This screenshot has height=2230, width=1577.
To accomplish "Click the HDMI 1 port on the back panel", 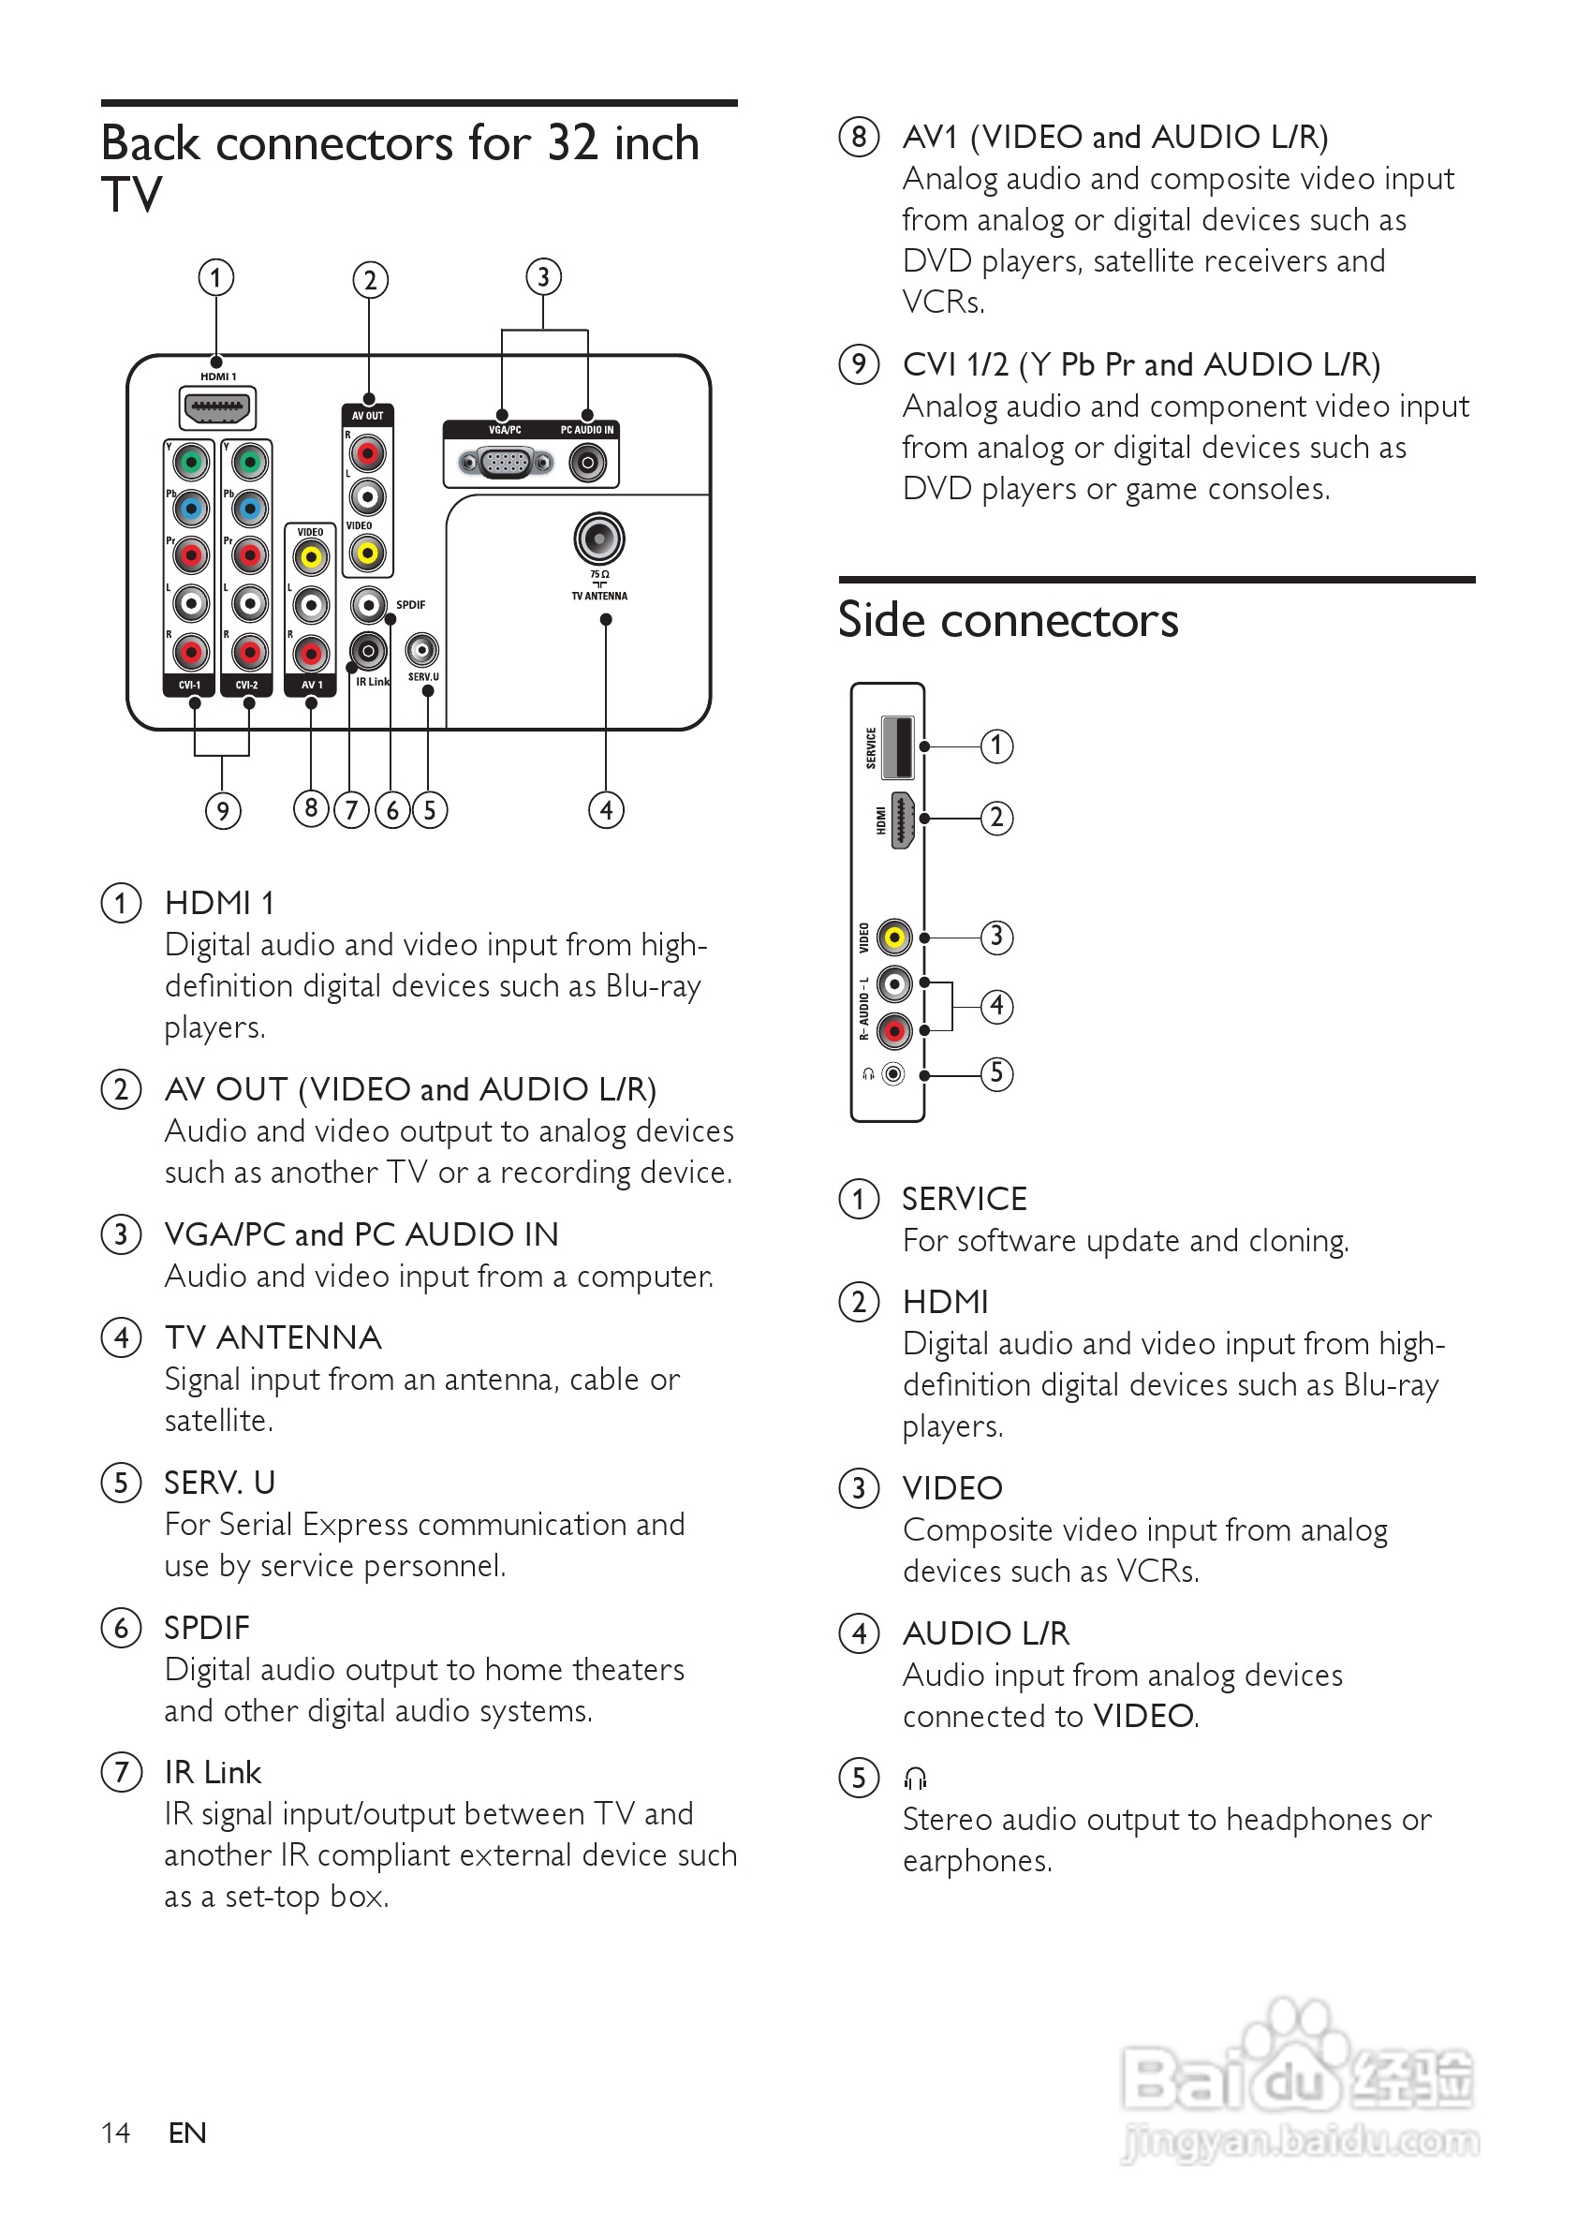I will tap(217, 408).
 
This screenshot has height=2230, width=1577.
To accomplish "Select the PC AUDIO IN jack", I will tap(587, 463).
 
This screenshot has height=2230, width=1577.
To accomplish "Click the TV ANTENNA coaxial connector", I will tap(599, 539).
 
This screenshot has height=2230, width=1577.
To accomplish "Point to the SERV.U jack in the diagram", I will tap(421, 649).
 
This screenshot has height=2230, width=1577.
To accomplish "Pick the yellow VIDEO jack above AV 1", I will tap(311, 557).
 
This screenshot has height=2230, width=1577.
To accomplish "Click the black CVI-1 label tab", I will tap(189, 685).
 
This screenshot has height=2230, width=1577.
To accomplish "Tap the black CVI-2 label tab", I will tap(247, 685).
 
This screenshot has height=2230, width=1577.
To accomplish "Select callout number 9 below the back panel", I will tap(222, 810).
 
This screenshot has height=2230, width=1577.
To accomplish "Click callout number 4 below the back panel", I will tap(606, 809).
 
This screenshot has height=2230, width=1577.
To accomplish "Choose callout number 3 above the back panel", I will tap(544, 277).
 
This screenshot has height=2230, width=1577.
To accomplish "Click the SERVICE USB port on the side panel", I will tap(900, 746).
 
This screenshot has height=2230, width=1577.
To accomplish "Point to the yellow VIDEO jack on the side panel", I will tap(894, 938).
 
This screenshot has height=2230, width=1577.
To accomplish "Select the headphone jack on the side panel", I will tap(893, 1074).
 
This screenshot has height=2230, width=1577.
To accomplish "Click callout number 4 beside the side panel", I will tap(996, 1005).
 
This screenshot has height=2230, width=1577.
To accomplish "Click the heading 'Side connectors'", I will tap(1008, 620).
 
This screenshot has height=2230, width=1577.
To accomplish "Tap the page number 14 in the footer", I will tap(115, 2132).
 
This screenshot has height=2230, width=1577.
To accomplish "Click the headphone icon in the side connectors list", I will tap(916, 1778).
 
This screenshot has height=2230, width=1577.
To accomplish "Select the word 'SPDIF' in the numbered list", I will tap(207, 1628).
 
